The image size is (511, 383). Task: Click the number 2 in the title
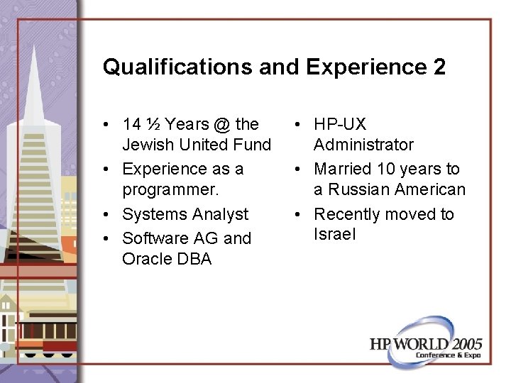[x=437, y=67]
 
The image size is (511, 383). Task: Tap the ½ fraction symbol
[x=153, y=124]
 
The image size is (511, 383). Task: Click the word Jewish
[x=146, y=145]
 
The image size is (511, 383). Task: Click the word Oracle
[x=145, y=259]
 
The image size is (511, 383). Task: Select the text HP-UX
[x=340, y=124]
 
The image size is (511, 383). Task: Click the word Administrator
[x=363, y=145]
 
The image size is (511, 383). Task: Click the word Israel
[x=335, y=234]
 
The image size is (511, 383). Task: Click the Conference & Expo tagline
[x=448, y=355]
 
